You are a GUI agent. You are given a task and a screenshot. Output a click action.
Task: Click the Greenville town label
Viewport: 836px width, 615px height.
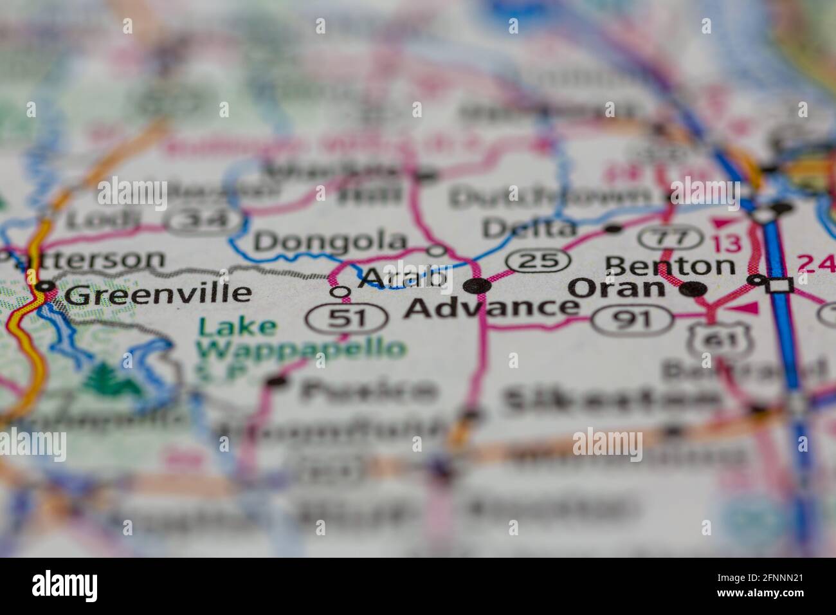[158, 294]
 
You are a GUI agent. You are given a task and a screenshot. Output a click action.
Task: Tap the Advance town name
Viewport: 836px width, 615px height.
[493, 308]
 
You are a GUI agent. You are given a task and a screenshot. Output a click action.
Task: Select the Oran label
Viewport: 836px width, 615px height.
[618, 288]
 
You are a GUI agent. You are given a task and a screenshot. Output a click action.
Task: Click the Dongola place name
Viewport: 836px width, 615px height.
[331, 242]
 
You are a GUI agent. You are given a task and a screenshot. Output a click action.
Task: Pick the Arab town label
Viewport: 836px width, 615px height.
[403, 278]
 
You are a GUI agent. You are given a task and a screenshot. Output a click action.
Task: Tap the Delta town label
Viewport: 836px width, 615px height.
[529, 227]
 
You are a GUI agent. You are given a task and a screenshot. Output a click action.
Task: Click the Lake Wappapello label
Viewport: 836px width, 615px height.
[301, 338]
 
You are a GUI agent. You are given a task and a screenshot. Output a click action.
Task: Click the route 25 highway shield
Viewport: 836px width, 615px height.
[538, 261]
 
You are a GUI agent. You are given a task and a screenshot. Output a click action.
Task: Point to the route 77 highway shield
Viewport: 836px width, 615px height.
[669, 238]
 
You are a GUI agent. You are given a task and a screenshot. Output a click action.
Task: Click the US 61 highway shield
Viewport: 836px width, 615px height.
[708, 339]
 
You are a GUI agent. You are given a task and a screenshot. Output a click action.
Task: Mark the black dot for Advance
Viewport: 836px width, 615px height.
[477, 286]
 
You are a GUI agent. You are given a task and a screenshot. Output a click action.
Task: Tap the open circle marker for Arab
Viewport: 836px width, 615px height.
[340, 292]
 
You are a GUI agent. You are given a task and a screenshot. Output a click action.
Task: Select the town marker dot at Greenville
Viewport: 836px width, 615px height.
[46, 286]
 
